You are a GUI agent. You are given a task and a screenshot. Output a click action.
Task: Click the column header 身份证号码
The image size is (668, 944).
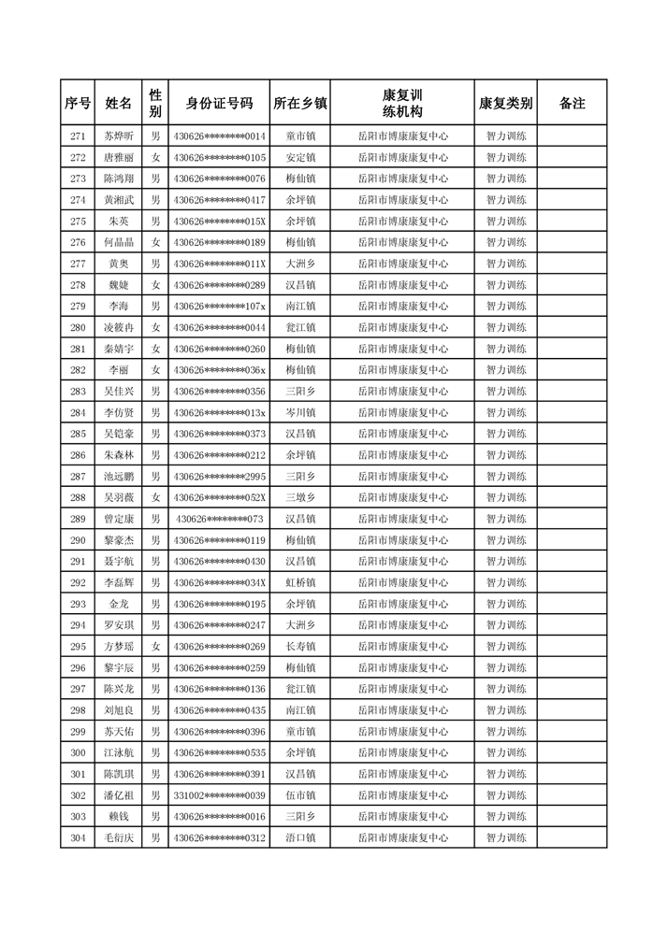[219, 103]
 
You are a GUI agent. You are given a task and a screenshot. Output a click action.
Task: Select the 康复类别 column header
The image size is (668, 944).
[505, 103]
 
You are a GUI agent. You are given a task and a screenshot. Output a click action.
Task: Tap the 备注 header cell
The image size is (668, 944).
[572, 103]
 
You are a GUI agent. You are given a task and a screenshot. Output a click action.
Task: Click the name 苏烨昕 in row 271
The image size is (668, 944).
[118, 136]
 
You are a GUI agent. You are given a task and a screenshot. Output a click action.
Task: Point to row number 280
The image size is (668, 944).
[78, 327]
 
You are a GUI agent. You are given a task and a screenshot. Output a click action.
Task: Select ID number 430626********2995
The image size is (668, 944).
[219, 477]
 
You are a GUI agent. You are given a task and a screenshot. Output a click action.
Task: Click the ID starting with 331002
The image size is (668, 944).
[219, 795]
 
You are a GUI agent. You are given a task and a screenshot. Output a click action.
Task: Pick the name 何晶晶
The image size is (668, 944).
[118, 242]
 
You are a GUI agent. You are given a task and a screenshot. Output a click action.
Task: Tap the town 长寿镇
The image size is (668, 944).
[300, 647]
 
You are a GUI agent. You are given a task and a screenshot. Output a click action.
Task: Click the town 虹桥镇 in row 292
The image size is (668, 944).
[300, 582]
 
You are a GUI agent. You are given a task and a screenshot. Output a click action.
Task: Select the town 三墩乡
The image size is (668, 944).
[300, 497]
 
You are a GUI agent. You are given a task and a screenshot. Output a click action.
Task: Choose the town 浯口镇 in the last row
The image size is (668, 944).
[300, 838]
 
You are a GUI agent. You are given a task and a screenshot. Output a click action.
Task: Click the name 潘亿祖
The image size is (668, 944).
[118, 795]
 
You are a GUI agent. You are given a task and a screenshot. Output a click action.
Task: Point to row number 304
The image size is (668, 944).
[78, 838]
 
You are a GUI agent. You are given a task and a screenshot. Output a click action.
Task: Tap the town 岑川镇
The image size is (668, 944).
[300, 412]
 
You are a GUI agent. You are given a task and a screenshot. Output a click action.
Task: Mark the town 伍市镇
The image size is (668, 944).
[300, 795]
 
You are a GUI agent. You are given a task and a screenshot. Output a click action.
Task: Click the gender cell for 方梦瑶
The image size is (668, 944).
[156, 647]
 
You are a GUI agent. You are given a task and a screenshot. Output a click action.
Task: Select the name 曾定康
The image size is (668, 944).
[118, 519]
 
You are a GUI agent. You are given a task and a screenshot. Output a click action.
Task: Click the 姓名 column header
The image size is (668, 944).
[118, 103]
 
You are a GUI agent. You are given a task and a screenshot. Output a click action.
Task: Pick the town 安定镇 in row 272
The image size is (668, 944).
[300, 157]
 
